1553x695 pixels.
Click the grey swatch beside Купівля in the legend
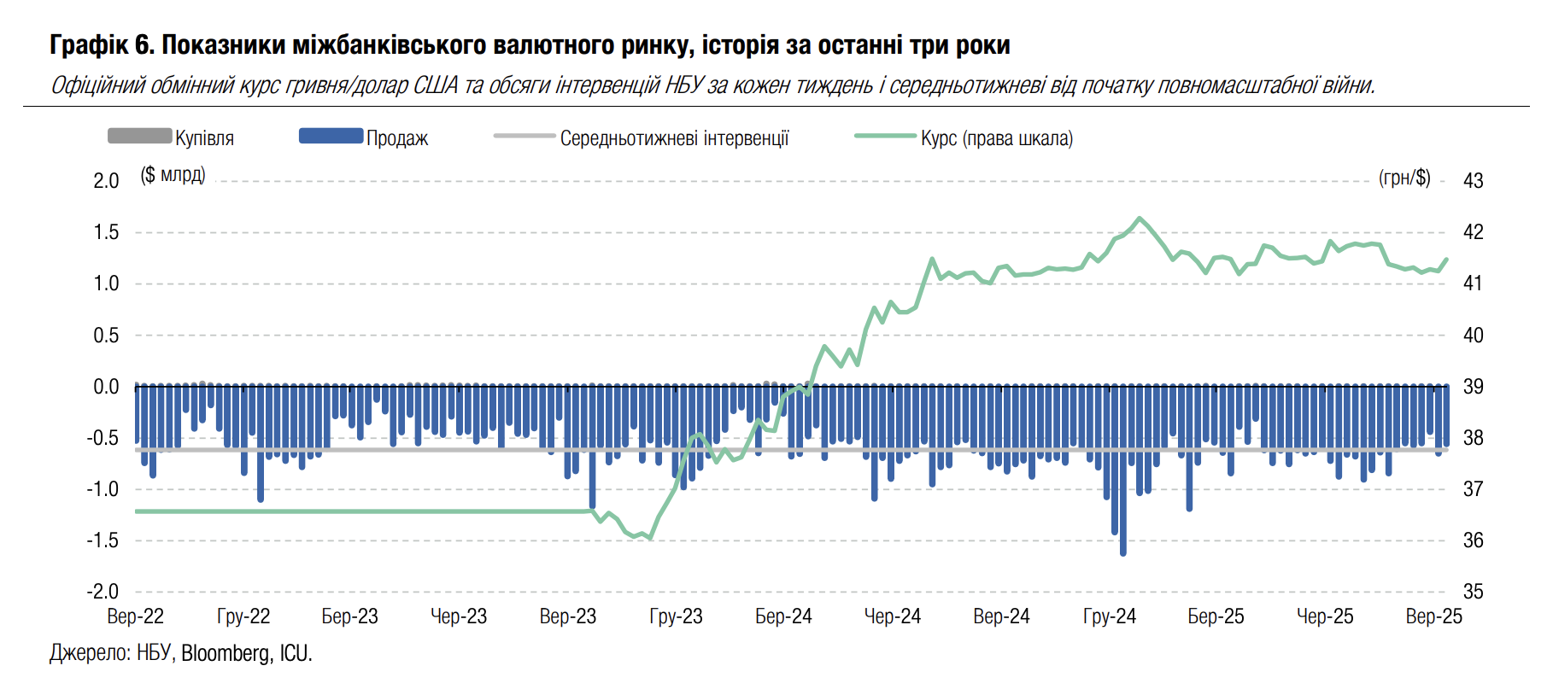(x=139, y=136)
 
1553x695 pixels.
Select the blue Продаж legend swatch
(x=331, y=136)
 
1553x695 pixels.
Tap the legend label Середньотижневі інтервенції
(x=674, y=138)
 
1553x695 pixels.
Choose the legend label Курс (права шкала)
(x=996, y=138)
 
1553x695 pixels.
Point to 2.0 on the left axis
(x=106, y=181)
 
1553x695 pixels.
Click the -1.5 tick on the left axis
(x=103, y=540)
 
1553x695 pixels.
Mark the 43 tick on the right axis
(x=1473, y=181)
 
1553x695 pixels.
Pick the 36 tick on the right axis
(x=1473, y=540)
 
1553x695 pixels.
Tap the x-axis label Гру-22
(x=243, y=616)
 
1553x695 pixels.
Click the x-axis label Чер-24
(x=893, y=616)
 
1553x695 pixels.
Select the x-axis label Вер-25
(x=1433, y=616)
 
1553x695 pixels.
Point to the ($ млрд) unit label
(x=173, y=175)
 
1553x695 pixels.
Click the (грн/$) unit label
(x=1404, y=178)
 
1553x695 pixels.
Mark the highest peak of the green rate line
(x=1139, y=219)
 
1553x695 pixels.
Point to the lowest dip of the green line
(x=651, y=539)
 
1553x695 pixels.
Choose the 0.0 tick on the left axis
(x=106, y=387)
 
